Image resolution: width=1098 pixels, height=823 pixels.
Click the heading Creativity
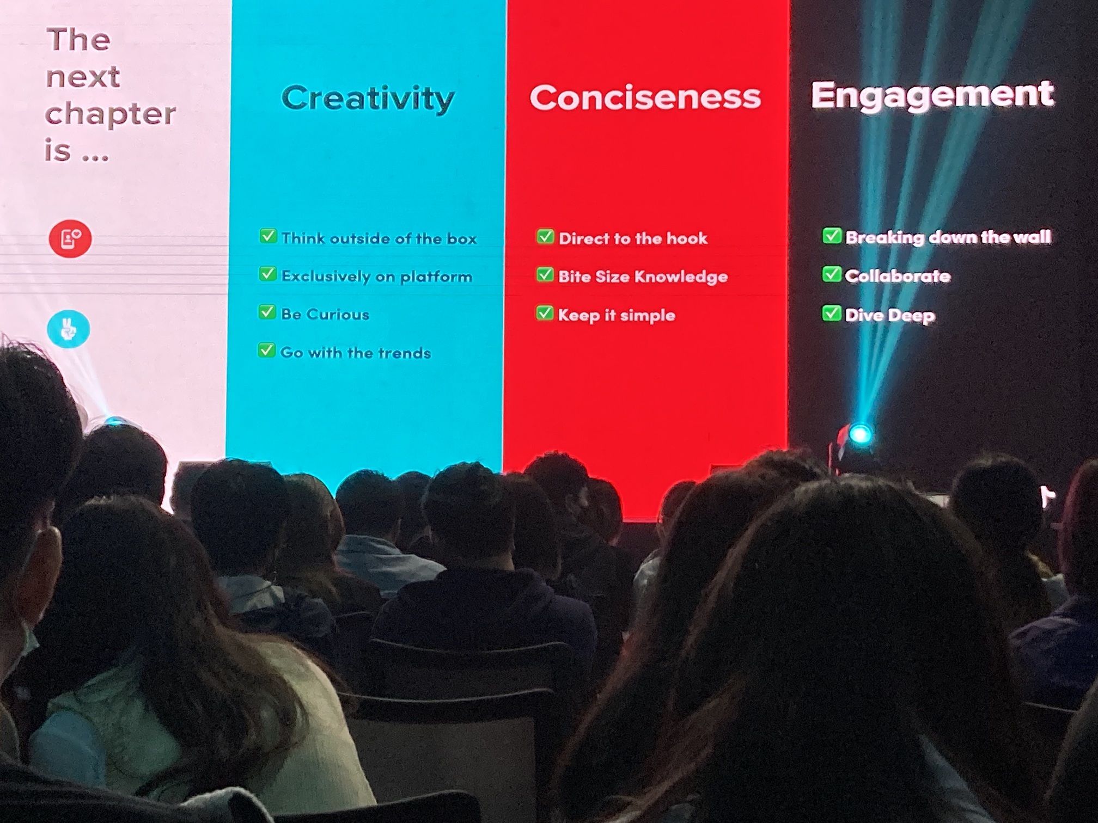click(x=368, y=99)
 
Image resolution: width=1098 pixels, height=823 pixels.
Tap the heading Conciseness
click(x=645, y=97)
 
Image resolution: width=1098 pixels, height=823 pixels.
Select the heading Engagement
click(x=932, y=96)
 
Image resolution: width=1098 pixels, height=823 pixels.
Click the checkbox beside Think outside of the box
click(x=268, y=237)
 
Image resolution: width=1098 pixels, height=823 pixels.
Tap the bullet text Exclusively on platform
click(x=376, y=277)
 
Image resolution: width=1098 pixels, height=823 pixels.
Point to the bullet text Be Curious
click(x=325, y=314)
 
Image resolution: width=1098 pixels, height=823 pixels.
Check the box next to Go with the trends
click(x=266, y=351)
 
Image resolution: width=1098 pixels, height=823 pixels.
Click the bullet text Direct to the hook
click(x=633, y=238)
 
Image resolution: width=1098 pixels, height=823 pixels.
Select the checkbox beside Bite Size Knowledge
click(x=545, y=275)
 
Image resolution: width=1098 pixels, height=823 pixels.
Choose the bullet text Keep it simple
click(x=617, y=315)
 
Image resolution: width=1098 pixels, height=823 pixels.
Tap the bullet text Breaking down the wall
click(x=948, y=237)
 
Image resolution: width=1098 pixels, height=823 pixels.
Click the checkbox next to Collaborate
click(x=831, y=274)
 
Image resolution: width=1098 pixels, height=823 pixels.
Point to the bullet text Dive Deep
click(x=890, y=315)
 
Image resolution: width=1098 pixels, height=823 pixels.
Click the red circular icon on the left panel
click(x=70, y=239)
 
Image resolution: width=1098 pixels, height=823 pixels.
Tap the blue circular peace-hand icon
click(x=69, y=329)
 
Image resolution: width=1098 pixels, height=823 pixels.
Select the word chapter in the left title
click(x=111, y=114)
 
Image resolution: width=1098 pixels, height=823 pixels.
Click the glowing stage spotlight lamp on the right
click(x=860, y=434)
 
